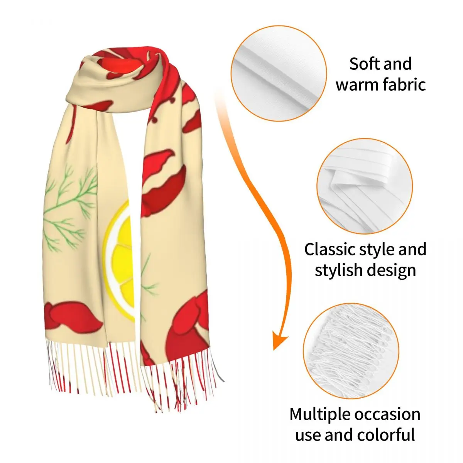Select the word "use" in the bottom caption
[308, 435]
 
